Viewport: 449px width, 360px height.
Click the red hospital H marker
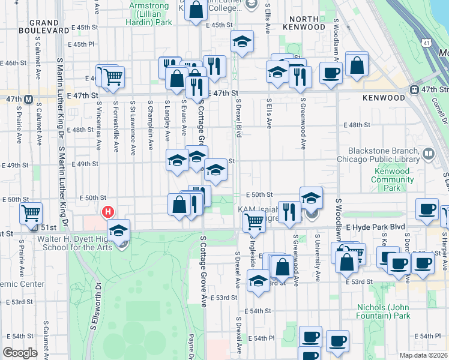point(108,212)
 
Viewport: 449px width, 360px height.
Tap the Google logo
point(20,353)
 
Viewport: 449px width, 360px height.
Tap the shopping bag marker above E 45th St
point(196,10)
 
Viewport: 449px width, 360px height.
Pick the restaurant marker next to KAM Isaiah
point(289,212)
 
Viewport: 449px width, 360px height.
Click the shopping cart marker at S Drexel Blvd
point(254,221)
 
